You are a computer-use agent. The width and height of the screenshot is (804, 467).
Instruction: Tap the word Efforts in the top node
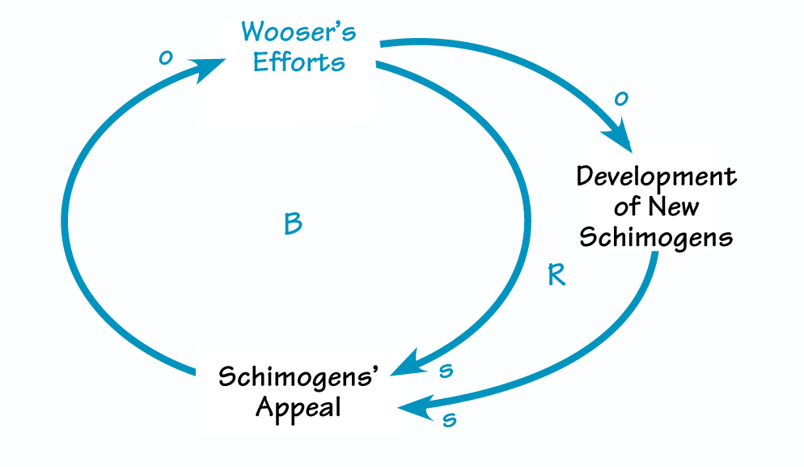click(298, 63)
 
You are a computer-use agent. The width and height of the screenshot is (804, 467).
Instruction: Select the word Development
click(656, 177)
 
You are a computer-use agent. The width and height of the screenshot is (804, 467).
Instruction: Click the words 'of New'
click(656, 206)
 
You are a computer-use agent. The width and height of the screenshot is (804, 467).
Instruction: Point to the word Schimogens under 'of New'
click(656, 237)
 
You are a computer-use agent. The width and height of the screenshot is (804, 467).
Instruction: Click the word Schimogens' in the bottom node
click(298, 377)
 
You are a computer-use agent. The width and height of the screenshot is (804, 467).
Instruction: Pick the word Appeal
click(298, 407)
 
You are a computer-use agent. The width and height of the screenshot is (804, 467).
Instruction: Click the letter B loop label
click(293, 224)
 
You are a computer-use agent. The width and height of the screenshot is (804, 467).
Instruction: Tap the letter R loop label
click(556, 276)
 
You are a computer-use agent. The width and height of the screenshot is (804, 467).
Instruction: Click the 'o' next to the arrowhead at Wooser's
click(165, 57)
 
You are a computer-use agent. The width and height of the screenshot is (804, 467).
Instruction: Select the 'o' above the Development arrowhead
click(621, 99)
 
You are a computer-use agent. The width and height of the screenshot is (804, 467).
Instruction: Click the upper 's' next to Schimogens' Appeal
click(444, 371)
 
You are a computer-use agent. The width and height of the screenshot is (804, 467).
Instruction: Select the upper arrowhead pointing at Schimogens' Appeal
click(411, 363)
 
